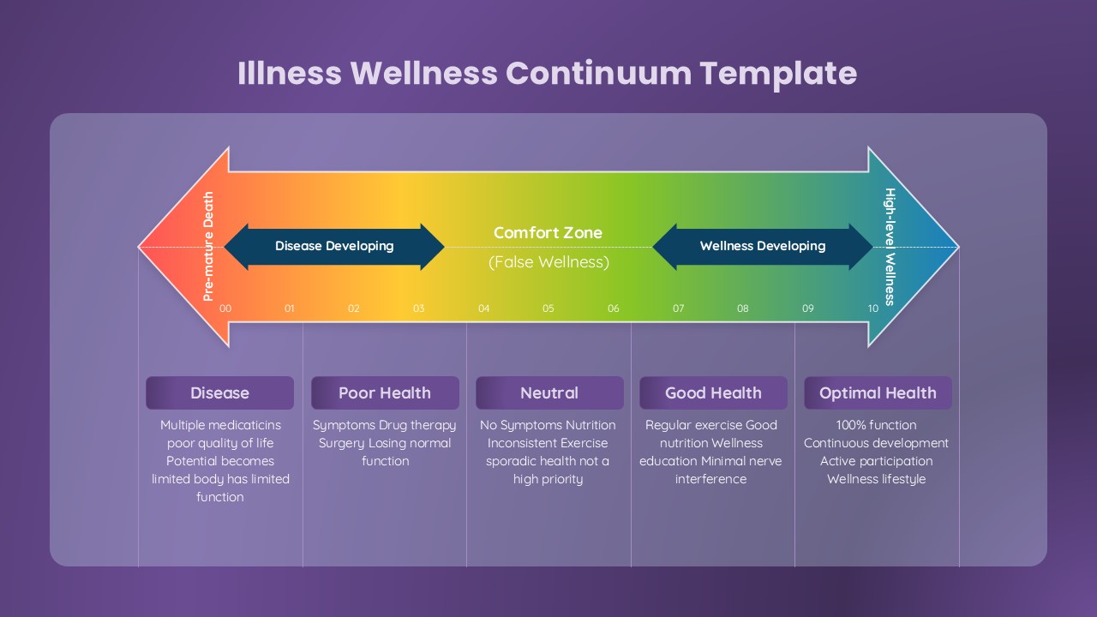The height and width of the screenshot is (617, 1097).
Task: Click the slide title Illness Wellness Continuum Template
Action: pos(547,73)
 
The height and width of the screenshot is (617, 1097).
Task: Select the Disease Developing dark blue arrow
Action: pos(334,246)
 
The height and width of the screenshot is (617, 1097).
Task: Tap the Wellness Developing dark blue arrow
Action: pos(763,246)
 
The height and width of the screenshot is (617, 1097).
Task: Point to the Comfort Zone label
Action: pos(548,232)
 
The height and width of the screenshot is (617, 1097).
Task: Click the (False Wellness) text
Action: pos(548,262)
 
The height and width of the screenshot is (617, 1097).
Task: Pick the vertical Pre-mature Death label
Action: pos(208,246)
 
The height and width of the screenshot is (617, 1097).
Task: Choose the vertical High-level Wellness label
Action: pos(890,246)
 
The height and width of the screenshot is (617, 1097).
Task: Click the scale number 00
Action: pos(225,308)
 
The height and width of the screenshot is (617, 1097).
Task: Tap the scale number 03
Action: pos(418,308)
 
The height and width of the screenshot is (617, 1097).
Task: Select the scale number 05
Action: pos(548,308)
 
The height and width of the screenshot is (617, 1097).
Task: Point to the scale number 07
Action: pos(678,308)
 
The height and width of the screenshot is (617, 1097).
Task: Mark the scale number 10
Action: pos(872,308)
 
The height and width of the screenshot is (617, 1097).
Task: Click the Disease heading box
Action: pos(219,393)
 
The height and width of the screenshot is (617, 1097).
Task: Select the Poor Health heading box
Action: pos(385,393)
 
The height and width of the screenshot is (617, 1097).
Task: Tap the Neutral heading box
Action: pos(549,393)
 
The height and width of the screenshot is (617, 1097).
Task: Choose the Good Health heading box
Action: pos(713,393)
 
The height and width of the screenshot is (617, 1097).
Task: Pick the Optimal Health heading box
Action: pos(878,393)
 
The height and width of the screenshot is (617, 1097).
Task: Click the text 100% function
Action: pos(876,425)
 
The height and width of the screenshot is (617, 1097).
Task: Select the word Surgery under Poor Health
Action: pos(342,443)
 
